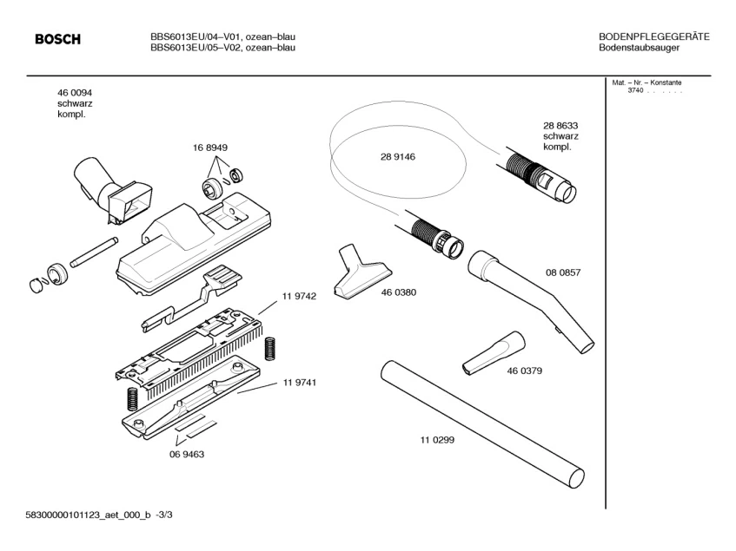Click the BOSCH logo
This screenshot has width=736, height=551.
(x=57, y=39)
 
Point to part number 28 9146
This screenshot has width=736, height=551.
(x=398, y=157)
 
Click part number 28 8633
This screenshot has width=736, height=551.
(x=560, y=125)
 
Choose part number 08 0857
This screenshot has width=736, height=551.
(x=563, y=272)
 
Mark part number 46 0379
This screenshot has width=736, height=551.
(x=525, y=371)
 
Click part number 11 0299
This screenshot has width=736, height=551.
(x=436, y=439)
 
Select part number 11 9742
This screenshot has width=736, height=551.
(x=299, y=297)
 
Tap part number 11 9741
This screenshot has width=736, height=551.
(x=299, y=383)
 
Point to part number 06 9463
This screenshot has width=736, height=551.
(x=186, y=454)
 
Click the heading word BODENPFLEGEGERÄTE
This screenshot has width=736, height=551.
(x=654, y=36)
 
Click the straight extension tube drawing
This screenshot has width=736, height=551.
(x=483, y=426)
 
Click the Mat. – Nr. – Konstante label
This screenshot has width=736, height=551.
(x=647, y=82)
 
